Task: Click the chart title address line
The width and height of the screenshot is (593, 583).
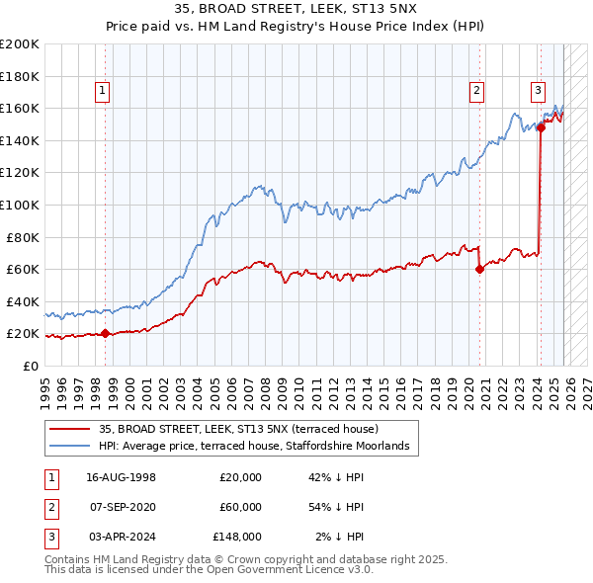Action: point(296,8)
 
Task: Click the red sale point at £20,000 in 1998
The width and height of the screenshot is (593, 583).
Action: point(106,334)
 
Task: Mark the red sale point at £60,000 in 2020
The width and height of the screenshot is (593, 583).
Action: point(479,269)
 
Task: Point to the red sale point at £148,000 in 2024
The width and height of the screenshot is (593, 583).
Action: point(541,127)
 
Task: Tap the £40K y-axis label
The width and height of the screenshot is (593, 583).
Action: point(23,301)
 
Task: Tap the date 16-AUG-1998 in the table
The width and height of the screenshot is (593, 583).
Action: point(122,478)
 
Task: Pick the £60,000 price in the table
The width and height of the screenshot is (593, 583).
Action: point(240,507)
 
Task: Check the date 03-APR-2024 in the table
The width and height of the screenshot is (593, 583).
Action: point(122,536)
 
